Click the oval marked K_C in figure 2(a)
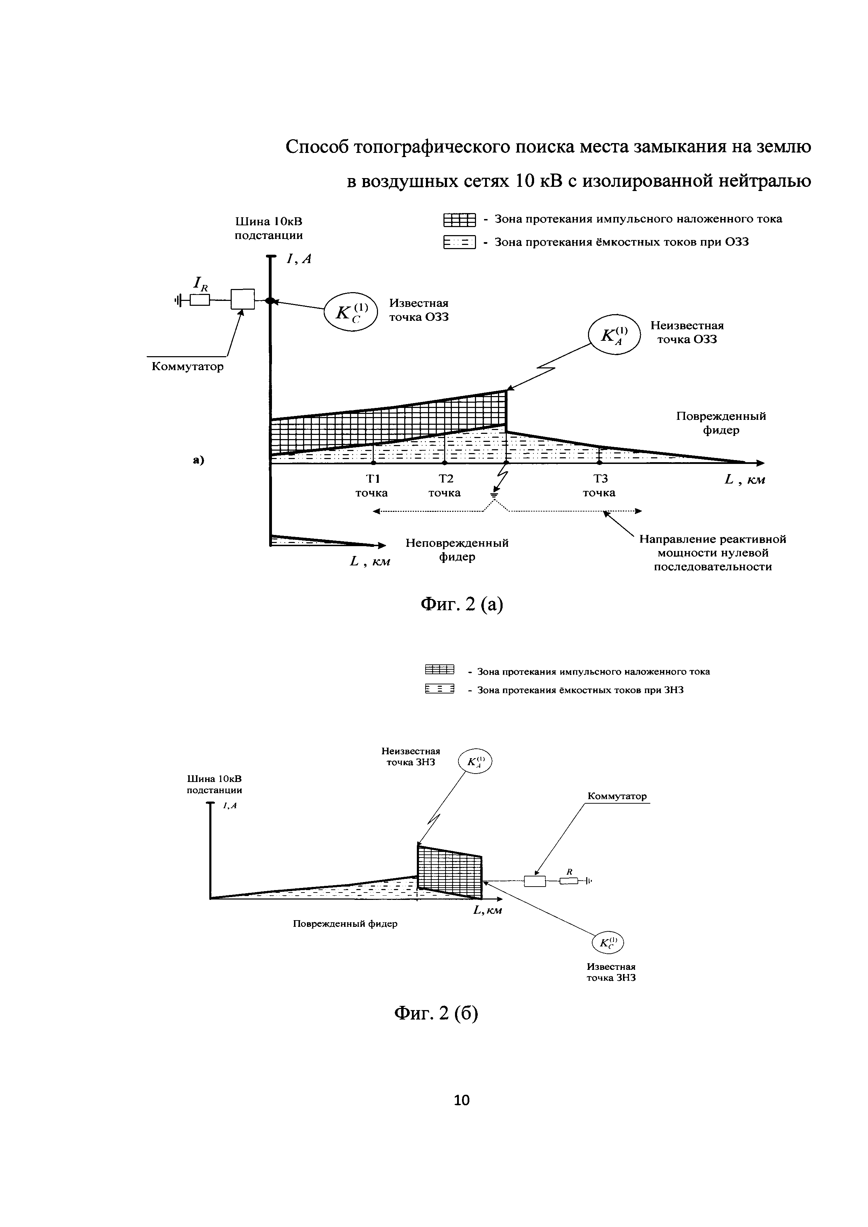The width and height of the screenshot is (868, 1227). pyautogui.click(x=351, y=312)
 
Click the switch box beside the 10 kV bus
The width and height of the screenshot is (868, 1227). pyautogui.click(x=243, y=299)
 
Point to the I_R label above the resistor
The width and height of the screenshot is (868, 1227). pyautogui.click(x=201, y=284)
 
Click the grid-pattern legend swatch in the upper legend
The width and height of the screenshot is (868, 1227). pyautogui.click(x=459, y=220)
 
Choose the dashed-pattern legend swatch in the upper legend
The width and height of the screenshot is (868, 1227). pyautogui.click(x=459, y=243)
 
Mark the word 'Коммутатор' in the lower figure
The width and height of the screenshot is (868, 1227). pyautogui.click(x=617, y=796)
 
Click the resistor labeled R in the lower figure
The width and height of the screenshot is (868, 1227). pyautogui.click(x=569, y=881)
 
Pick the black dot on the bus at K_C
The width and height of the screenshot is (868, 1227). pyautogui.click(x=270, y=301)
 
